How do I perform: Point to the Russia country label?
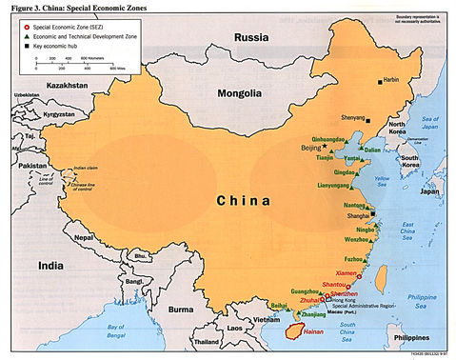(x=253, y=39)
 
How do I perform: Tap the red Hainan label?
(x=313, y=330)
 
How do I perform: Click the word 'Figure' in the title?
(x=18, y=7)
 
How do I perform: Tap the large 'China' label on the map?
(x=246, y=200)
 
